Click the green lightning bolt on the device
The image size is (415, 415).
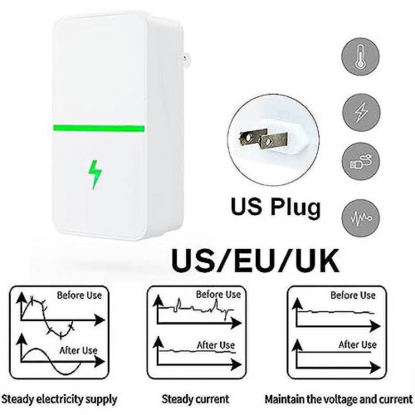click(x=95, y=175)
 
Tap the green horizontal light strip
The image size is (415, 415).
click(x=99, y=129)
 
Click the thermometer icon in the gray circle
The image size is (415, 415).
click(x=360, y=56)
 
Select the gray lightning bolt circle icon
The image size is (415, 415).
click(x=361, y=112)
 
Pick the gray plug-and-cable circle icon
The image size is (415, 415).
click(x=361, y=162)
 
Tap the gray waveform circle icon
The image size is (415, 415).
click(x=361, y=218)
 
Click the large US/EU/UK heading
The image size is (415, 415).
click(x=255, y=261)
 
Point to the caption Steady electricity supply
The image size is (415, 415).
click(x=59, y=399)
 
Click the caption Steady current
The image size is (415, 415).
click(x=195, y=399)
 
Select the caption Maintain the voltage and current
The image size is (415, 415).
click(x=339, y=399)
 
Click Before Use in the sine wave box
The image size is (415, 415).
click(x=80, y=295)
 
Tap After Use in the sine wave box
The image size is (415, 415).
click(x=79, y=350)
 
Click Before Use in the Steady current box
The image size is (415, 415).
click(x=218, y=295)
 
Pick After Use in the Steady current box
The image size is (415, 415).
click(x=216, y=345)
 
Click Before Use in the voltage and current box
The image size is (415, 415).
click(x=353, y=295)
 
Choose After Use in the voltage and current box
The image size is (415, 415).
click(x=358, y=344)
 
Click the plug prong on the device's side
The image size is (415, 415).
click(x=184, y=59)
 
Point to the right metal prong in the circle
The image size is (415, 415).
click(x=273, y=141)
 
